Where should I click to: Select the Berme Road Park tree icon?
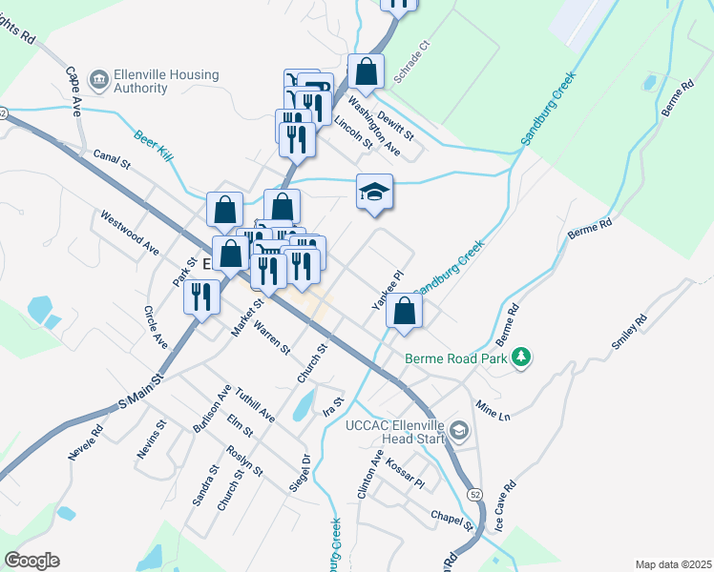click(520, 357)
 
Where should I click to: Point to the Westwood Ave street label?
click(130, 232)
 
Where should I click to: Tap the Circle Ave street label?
click(155, 327)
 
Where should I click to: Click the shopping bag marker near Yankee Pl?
click(405, 310)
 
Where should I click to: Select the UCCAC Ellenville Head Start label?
click(396, 432)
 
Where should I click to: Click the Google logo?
click(31, 561)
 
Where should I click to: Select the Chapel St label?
click(451, 520)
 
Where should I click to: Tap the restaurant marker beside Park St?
click(201, 296)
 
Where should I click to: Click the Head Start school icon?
click(459, 432)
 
